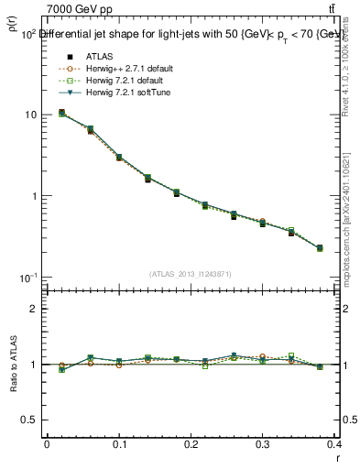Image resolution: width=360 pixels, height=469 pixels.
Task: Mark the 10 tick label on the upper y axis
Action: click(29, 115)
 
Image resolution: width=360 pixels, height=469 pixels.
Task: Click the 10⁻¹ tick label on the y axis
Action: click(27, 278)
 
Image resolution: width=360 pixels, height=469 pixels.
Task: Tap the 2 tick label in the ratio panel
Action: click(33, 309)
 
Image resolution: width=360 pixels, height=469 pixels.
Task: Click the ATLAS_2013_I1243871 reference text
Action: click(191, 274)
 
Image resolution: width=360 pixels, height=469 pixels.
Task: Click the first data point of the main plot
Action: click(61, 113)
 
